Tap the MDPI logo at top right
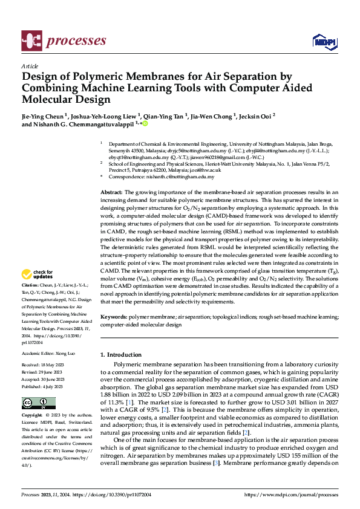(324, 41)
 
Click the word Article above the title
(29, 66)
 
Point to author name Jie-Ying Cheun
(44, 115)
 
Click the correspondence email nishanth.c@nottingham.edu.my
(185, 177)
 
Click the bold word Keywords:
(113, 317)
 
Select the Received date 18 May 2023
(56, 365)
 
